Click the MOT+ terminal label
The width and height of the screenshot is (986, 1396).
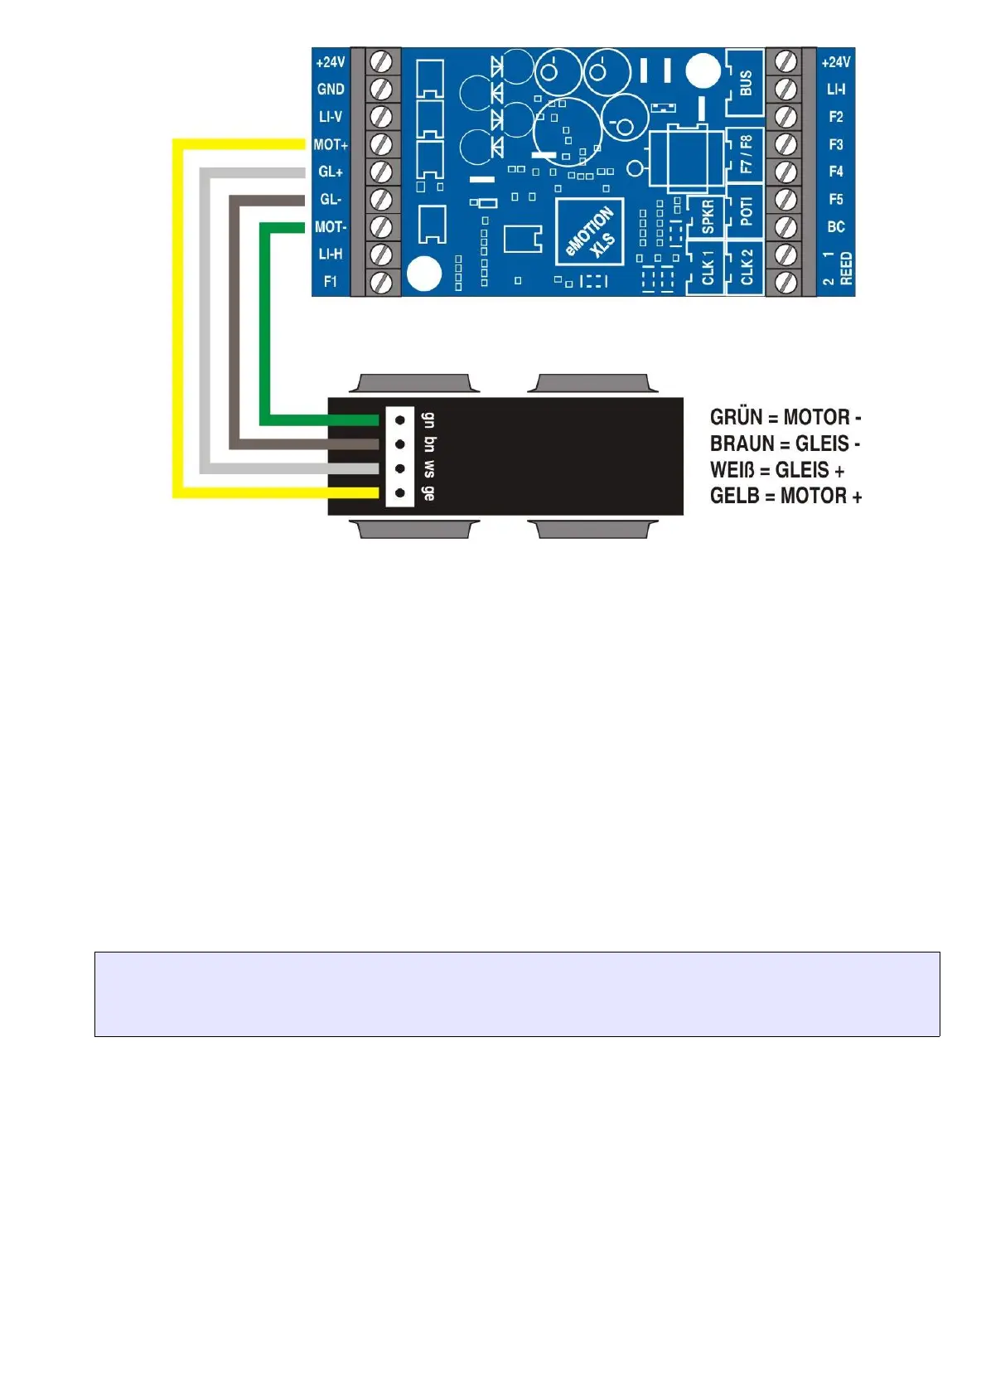coord(331,144)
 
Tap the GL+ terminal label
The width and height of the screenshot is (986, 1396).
coord(331,172)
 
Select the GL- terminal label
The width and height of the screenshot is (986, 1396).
coord(331,199)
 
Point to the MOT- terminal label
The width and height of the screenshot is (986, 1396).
coord(331,226)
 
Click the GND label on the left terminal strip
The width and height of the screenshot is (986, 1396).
coord(331,89)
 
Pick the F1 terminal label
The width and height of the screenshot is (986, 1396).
coord(331,281)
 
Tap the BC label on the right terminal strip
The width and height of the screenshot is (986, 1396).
coord(835,226)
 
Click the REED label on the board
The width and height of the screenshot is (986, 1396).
coord(846,269)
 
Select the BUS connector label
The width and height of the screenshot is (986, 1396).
coord(746,82)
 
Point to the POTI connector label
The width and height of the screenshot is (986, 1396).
coord(746,211)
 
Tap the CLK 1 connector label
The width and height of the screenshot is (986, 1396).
coord(708,268)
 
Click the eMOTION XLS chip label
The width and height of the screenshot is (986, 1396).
coord(591,232)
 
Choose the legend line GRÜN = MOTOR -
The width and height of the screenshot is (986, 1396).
coord(785,417)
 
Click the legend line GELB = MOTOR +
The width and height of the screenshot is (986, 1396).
coord(785,496)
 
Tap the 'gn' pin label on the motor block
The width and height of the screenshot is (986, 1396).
coord(428,419)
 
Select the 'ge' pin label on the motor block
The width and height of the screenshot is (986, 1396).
coord(428,492)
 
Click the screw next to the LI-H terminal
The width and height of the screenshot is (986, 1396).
coord(380,254)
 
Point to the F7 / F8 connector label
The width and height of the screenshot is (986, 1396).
coord(746,154)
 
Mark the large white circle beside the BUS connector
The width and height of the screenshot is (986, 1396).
coord(703,71)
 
